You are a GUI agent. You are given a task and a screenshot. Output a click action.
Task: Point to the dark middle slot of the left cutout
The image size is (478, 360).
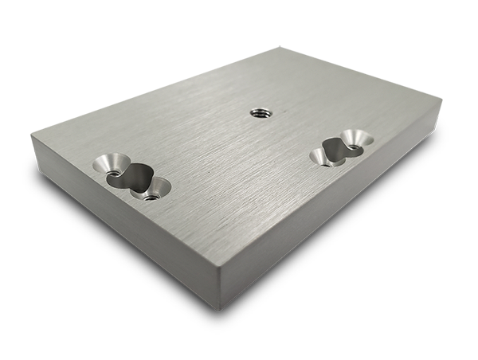pyautogui.click(x=134, y=175)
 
